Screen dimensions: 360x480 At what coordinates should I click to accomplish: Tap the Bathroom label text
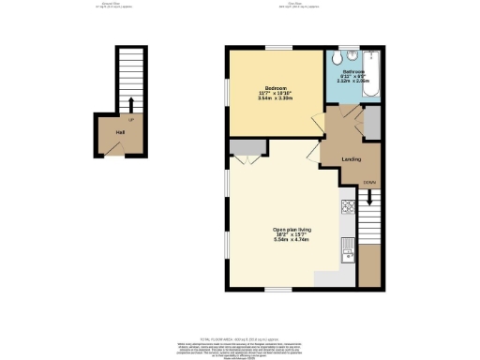pos(352,71)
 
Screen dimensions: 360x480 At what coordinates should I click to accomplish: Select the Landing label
pos(352,158)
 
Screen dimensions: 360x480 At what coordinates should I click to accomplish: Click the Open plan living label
pos(292,230)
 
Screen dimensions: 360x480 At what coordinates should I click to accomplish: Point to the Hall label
pos(120,133)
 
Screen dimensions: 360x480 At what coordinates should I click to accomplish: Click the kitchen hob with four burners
pos(347,205)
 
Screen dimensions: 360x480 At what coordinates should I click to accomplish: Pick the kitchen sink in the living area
pos(348,248)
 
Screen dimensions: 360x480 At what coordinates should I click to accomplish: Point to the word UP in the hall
pos(130,120)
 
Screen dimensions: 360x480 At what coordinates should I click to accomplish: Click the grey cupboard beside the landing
pos(371,123)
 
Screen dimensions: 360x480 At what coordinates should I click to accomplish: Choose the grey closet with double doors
pos(247,146)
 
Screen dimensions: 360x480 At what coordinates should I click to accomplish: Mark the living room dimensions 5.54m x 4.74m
pos(292,240)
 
